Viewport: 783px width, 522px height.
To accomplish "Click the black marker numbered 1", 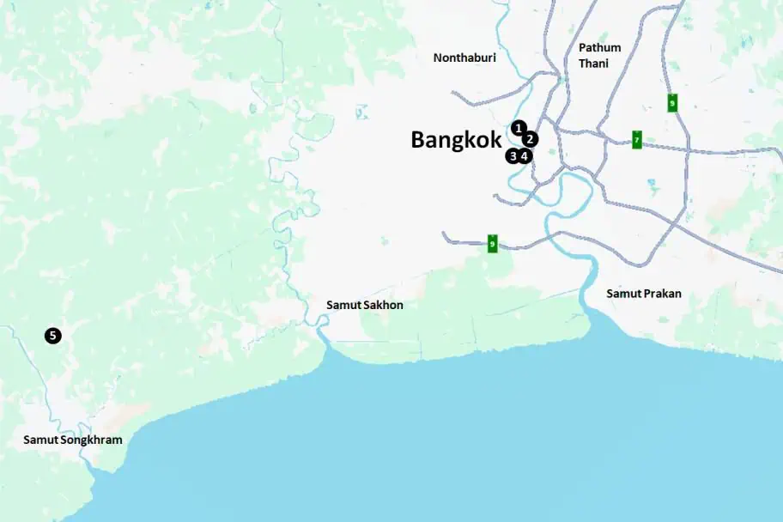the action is coord(519,128).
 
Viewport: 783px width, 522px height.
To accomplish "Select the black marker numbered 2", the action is coord(531,138).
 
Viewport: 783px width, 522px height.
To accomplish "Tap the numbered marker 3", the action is coord(513,156).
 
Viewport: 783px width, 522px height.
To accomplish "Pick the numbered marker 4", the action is coord(525,156).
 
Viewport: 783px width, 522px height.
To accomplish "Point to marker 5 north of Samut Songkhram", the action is coord(53,336).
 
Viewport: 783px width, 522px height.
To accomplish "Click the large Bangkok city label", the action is coord(455,140).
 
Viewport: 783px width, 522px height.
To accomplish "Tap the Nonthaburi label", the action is coord(464,58).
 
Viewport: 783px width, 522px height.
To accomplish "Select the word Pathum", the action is coord(599,47).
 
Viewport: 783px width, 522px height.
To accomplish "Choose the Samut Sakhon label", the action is coord(364,305).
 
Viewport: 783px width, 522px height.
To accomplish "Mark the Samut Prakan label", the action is coord(644,294).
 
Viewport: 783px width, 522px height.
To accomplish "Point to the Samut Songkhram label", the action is coord(72,440).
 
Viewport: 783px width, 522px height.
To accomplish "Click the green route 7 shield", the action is coord(637,139).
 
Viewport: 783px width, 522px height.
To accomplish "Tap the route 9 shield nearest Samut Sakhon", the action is coord(492,243).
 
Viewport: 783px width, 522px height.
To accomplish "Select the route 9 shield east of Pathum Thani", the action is coord(672,103).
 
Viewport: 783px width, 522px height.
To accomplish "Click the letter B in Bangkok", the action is coord(418,140).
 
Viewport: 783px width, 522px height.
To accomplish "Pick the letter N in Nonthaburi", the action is coord(438,58).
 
